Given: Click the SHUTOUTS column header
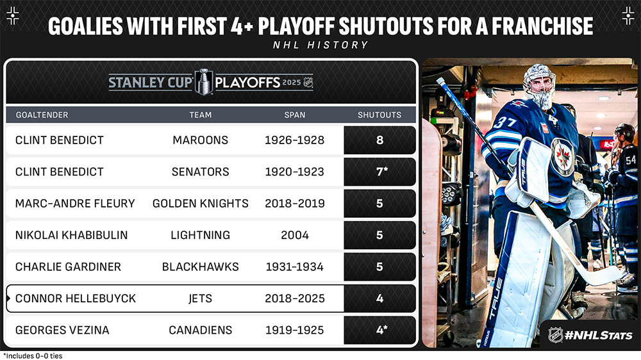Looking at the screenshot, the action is click(x=379, y=115).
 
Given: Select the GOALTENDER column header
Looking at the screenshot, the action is click(x=42, y=115).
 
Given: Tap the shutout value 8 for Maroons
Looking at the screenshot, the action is click(x=379, y=140).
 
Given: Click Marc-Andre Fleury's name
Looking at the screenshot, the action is click(x=75, y=204).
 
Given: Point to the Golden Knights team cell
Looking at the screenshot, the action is click(x=200, y=204).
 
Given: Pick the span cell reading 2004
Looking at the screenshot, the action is click(x=295, y=235).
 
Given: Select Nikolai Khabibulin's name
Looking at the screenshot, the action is click(x=72, y=235).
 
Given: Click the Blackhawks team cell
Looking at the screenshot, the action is click(x=200, y=267).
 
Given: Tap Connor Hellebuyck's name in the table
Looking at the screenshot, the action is click(x=75, y=299).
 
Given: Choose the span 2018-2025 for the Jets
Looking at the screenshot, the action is click(x=295, y=299).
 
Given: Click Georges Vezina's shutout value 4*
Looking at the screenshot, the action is click(x=381, y=329).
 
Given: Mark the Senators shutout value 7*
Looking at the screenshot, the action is click(x=381, y=171).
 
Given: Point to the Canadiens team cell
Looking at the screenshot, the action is click(x=200, y=330).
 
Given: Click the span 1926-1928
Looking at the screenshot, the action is click(x=294, y=140).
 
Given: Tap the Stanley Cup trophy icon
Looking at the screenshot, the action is click(x=204, y=82).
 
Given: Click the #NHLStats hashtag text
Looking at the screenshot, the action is click(x=599, y=336).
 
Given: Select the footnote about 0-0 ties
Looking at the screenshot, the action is click(x=33, y=356).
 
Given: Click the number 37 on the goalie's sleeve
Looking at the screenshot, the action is click(x=504, y=122).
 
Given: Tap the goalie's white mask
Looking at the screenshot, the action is click(x=539, y=85).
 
